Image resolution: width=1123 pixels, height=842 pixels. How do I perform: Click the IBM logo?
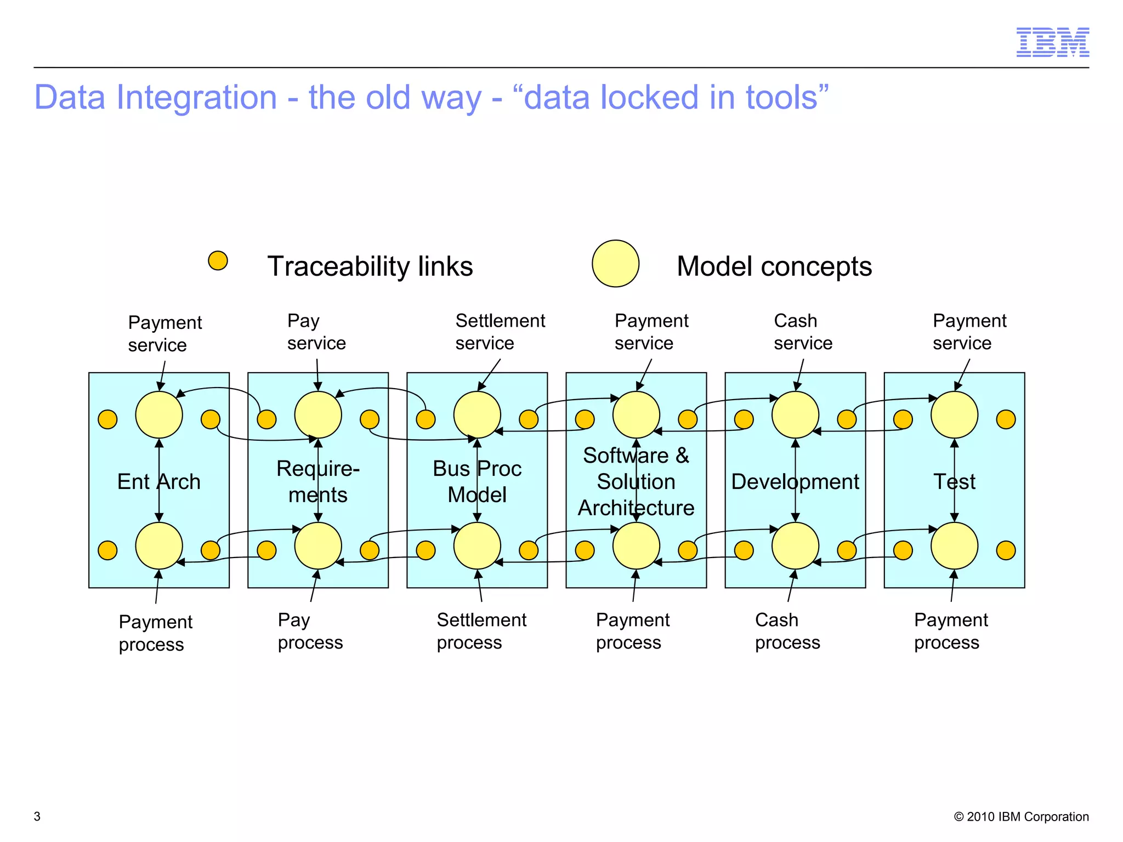(x=1052, y=42)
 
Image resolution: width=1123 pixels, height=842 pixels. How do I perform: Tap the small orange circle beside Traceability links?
(x=218, y=260)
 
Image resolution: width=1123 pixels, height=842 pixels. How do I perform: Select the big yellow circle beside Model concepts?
(x=615, y=264)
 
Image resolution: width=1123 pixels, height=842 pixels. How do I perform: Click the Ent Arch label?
(x=158, y=481)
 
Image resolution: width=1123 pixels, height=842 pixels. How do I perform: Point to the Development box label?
(x=795, y=481)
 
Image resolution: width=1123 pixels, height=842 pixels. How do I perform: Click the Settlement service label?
(x=500, y=332)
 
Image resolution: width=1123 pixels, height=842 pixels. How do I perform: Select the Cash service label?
(x=802, y=332)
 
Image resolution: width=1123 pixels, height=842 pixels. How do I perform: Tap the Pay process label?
(x=310, y=631)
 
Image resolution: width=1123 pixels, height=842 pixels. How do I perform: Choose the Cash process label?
(x=787, y=631)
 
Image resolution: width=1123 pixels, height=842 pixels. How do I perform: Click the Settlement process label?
(x=481, y=631)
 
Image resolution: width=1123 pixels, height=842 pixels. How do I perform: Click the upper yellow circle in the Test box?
(x=954, y=415)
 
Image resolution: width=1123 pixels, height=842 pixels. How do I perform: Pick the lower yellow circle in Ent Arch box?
(x=159, y=546)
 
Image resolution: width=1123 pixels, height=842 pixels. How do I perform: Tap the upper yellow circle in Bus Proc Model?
(x=477, y=415)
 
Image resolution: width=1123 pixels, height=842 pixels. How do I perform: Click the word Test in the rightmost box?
(x=954, y=481)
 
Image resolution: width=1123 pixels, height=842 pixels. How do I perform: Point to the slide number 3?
(x=37, y=816)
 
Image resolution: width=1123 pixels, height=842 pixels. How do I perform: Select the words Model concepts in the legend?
(x=774, y=266)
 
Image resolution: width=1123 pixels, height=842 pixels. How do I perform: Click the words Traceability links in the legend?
(x=370, y=266)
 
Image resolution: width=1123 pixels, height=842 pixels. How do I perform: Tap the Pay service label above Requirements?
(x=316, y=332)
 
